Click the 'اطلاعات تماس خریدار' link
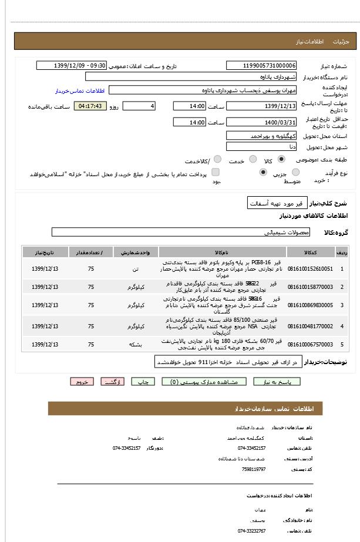[x=79, y=91]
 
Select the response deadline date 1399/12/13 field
[x=261, y=106]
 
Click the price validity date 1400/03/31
[x=261, y=122]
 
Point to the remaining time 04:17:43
[x=90, y=106]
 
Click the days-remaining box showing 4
[x=139, y=106]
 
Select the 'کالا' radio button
[x=282, y=159]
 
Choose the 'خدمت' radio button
[x=253, y=159]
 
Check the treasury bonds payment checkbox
[x=216, y=172]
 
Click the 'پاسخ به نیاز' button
[x=277, y=382]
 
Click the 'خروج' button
[x=82, y=382]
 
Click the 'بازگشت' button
[x=112, y=382]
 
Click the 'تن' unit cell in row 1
[x=136, y=269]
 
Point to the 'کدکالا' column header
[x=310, y=252]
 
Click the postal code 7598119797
[x=254, y=469]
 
